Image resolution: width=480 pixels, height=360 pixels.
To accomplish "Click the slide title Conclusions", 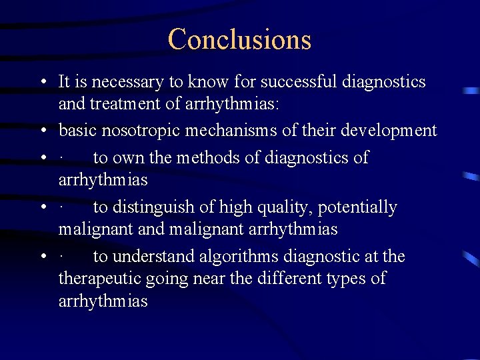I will click(239, 39).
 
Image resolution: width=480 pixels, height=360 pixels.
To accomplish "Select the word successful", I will click(299, 82).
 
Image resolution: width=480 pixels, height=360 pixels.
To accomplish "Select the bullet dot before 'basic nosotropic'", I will click(42, 131).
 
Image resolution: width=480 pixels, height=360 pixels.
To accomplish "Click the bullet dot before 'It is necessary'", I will click(42, 83).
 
